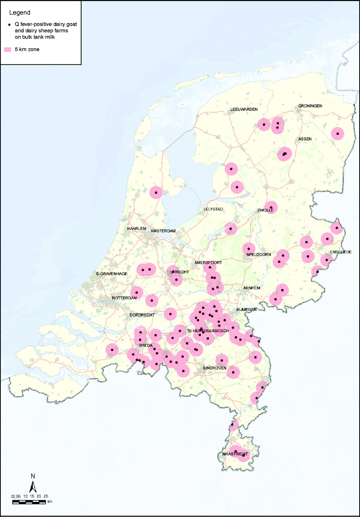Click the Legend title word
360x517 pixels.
coord(20,13)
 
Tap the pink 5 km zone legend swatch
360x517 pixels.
coord(7,50)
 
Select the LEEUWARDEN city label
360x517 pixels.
coord(244,109)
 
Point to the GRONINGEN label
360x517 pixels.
coord(310,106)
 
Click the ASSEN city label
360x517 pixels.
coord(305,139)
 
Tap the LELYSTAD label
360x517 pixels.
coord(213,209)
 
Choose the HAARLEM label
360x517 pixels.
coord(137,229)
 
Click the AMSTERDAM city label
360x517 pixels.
coord(163,231)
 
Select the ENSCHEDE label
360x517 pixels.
coord(341,252)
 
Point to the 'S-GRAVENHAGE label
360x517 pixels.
coord(112,274)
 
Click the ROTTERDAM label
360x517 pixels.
coord(124,298)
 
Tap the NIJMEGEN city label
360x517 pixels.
coord(246,310)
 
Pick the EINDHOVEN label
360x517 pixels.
coord(215,368)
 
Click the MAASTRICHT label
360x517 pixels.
coord(235,454)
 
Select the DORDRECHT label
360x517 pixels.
coord(142,315)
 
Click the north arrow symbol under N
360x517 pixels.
coord(33,487)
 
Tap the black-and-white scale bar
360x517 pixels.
coord(29,502)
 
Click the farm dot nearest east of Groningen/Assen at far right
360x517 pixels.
coord(337,134)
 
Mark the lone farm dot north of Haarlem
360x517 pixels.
coord(156,192)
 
